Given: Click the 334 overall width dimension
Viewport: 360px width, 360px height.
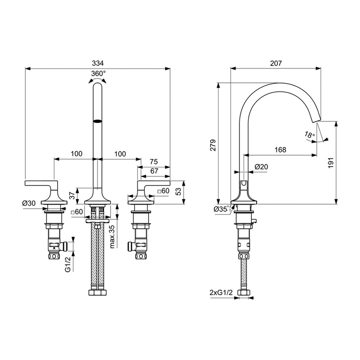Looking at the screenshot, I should (x=97, y=63).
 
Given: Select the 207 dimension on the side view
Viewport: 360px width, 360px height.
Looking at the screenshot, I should (x=275, y=63).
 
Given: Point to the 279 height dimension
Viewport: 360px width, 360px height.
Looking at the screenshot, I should (x=213, y=145).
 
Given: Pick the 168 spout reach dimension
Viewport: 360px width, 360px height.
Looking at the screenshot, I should (x=280, y=150).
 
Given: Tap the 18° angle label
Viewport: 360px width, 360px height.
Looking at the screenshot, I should (x=310, y=135).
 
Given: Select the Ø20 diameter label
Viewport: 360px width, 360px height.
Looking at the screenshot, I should (x=261, y=167).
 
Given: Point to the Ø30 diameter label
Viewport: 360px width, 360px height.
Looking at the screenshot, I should (x=29, y=203).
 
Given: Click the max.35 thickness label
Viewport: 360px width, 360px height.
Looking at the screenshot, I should (x=112, y=237).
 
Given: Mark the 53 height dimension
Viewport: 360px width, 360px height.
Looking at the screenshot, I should (x=178, y=191).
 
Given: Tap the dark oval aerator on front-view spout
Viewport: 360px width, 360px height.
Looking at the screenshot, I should (x=98, y=120).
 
